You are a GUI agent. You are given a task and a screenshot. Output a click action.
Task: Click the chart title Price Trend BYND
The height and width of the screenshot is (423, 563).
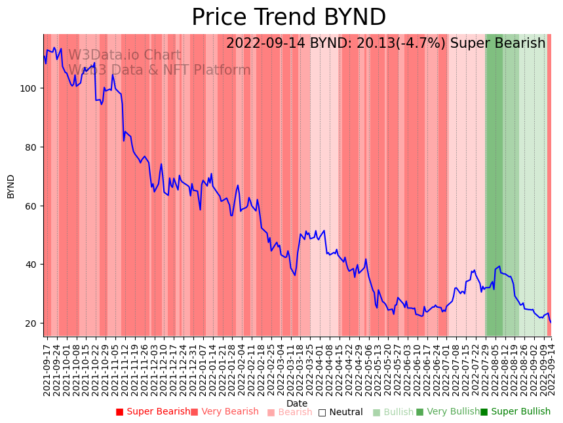pyautogui.click(x=288, y=18)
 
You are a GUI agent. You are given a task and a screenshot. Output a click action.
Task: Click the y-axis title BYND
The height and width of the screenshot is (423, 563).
pyautogui.click(x=11, y=186)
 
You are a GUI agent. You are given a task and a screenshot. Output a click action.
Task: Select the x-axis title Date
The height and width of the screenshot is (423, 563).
pyautogui.click(x=296, y=404)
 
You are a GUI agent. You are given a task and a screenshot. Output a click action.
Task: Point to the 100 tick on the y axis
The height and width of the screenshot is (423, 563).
pyautogui.click(x=31, y=88)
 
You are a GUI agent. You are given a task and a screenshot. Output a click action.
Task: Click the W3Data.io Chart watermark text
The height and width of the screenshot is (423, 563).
pyautogui.click(x=125, y=56)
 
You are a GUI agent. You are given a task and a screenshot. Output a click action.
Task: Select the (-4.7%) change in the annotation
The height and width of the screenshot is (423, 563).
pyautogui.click(x=419, y=44)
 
